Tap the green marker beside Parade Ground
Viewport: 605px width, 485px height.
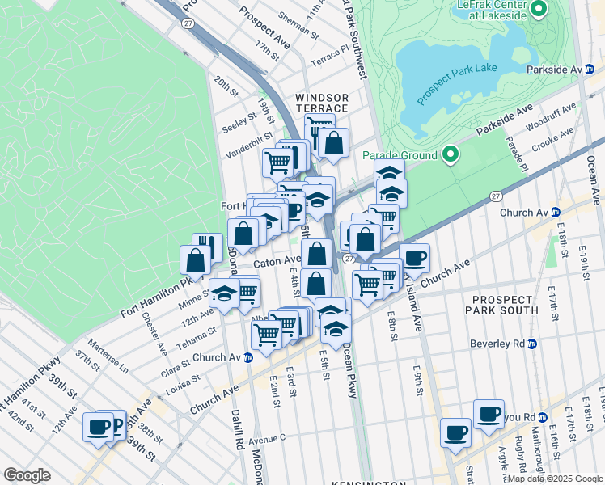(x=451, y=154)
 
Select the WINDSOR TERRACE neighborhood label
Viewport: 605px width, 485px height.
(x=322, y=103)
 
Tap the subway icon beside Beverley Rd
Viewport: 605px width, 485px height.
(x=531, y=344)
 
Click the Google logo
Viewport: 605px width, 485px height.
(x=27, y=475)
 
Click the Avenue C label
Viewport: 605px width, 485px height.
(x=266, y=441)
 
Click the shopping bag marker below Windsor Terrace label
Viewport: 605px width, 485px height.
(x=333, y=144)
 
